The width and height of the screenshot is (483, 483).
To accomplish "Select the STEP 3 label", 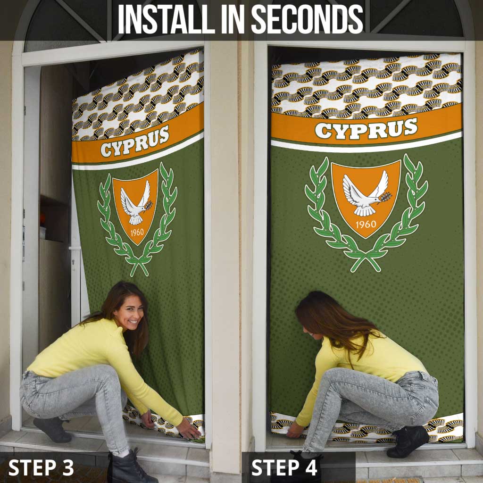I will click(x=41, y=467).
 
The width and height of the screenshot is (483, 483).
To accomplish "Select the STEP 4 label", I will click(x=284, y=467).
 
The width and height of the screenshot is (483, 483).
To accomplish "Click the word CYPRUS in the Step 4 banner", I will click(x=366, y=128).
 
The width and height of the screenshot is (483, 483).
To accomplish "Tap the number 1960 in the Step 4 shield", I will click(x=366, y=224).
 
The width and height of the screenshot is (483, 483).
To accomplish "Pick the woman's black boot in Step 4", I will click(x=408, y=441).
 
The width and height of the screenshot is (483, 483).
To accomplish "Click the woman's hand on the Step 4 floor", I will click(x=295, y=430).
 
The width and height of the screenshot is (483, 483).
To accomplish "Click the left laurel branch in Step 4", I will click(x=323, y=208).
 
